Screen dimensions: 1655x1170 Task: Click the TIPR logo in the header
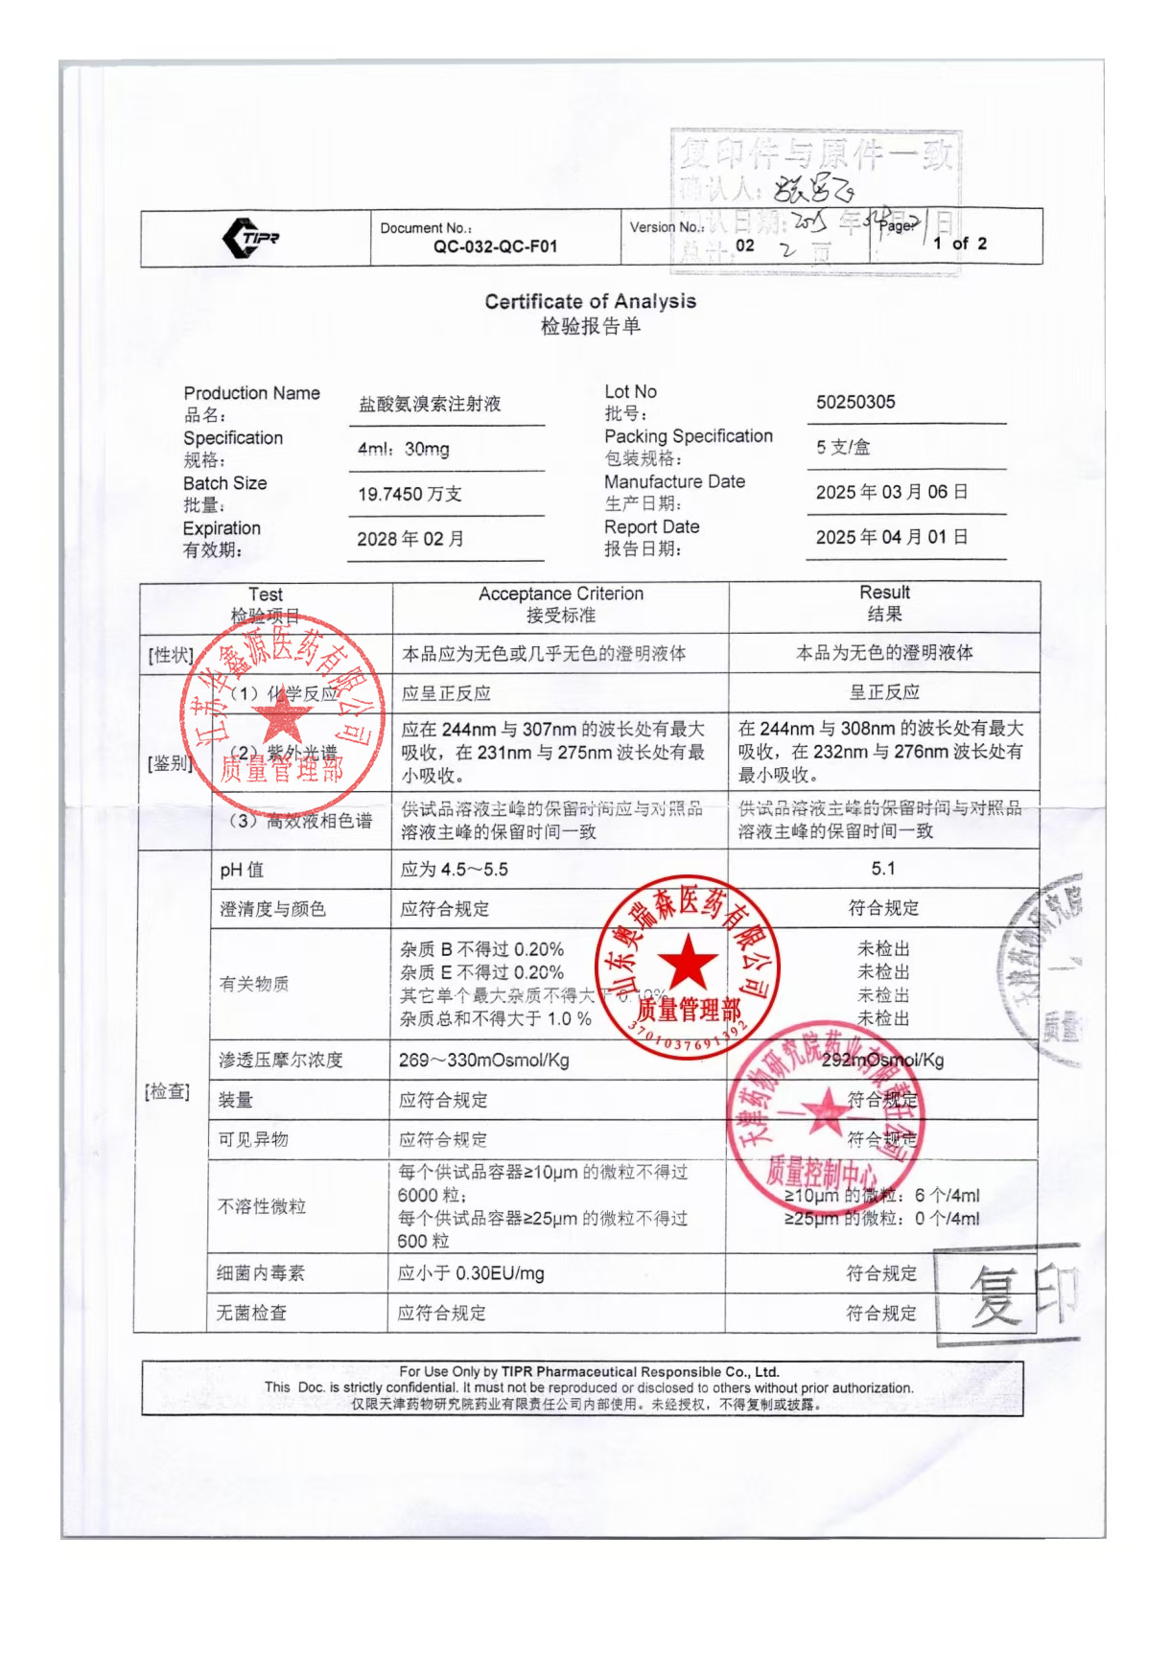click(250, 238)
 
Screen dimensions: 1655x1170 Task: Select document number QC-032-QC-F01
click(495, 246)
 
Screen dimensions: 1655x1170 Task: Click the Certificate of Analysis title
click(590, 301)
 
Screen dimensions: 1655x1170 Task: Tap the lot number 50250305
click(855, 402)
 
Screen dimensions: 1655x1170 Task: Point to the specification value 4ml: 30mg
click(404, 449)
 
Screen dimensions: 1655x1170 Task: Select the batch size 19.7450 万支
click(409, 494)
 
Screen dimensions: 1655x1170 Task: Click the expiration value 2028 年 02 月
click(410, 539)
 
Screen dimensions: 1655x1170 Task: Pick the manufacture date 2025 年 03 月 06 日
click(891, 492)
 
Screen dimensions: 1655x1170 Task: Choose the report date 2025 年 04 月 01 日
click(891, 537)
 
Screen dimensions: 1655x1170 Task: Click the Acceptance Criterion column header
click(561, 594)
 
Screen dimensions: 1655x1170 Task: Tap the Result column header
click(884, 593)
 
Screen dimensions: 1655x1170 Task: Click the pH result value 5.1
click(883, 869)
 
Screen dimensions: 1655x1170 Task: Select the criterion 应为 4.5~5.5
click(455, 870)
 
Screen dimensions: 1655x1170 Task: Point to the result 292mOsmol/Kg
click(882, 1060)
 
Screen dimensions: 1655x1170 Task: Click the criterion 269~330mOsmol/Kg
click(484, 1060)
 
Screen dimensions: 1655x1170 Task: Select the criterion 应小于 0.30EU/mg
click(471, 1273)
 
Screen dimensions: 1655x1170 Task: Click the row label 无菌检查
click(251, 1313)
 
